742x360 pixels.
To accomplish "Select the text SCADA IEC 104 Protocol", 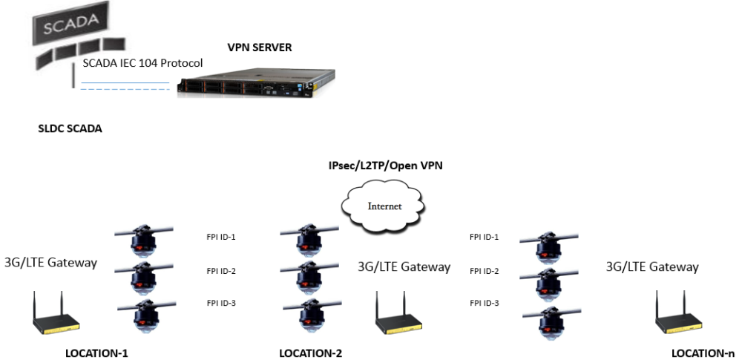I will tap(142, 63).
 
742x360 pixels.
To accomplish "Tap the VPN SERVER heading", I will tap(260, 48).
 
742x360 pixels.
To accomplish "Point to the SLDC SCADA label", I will tap(70, 128).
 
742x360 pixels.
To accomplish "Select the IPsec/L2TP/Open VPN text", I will tap(386, 166).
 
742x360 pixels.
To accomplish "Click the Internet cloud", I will tap(387, 206).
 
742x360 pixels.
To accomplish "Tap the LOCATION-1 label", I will tap(97, 353).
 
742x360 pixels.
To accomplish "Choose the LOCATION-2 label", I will tap(311, 353).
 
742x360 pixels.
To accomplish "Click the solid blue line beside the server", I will tap(125, 82).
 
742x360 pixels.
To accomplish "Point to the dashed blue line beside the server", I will tap(125, 89).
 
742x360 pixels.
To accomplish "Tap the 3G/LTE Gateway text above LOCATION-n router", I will tap(652, 266).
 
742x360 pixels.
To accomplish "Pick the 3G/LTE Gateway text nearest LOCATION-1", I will tap(50, 261).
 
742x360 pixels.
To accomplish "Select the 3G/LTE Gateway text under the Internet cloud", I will tap(404, 266).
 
